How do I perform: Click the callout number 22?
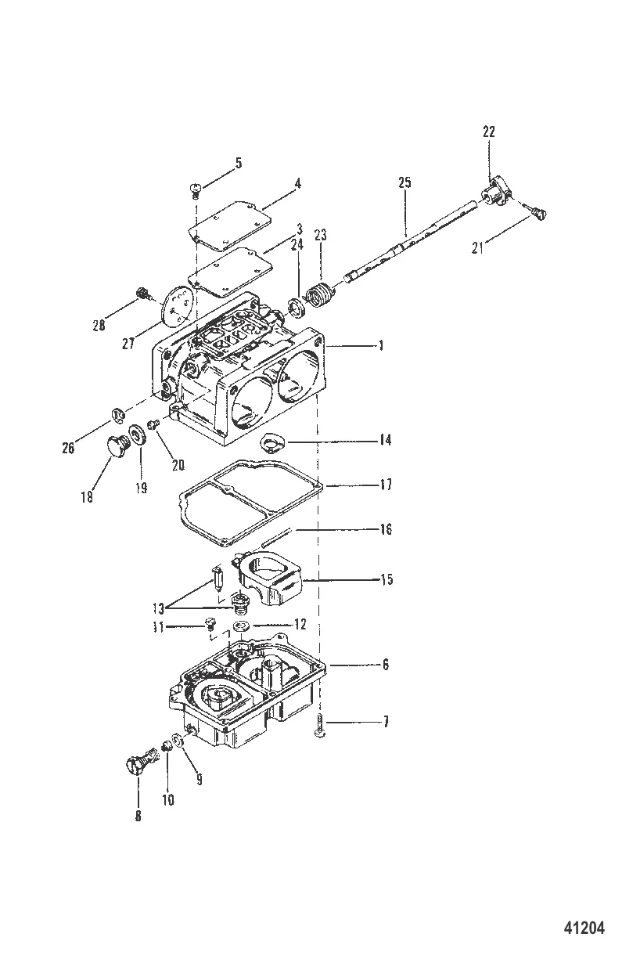pos(488,132)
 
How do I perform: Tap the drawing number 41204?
pos(584,928)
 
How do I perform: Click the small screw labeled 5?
pos(195,189)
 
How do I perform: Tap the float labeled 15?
pos(271,579)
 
